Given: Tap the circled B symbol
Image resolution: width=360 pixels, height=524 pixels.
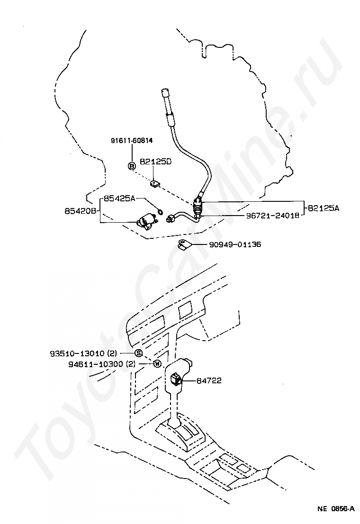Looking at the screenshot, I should (x=132, y=165).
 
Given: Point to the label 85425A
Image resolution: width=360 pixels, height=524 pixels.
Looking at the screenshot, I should (x=120, y=199).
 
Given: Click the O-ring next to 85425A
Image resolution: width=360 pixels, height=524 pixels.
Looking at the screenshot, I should (x=160, y=211).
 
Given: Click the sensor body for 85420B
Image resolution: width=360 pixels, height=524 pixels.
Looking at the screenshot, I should (x=146, y=221).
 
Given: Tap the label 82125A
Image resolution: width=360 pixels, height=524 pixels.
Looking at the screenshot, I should (x=324, y=208).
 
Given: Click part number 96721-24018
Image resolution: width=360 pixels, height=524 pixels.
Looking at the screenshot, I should (x=272, y=215).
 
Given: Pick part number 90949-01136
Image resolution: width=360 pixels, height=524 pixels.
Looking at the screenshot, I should (x=235, y=245).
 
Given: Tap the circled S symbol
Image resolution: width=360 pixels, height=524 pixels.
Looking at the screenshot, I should (x=138, y=353).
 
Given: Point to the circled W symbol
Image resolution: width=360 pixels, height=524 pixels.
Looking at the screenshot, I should (x=157, y=364).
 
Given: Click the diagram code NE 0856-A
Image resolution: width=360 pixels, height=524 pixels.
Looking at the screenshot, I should (x=336, y=509).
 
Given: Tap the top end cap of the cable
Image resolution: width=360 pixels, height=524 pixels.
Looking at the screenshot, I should (x=165, y=92).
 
